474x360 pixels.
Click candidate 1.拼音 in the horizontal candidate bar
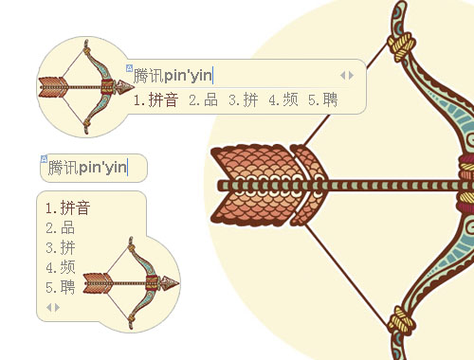(155, 99)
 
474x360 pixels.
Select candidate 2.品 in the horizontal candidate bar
(203, 99)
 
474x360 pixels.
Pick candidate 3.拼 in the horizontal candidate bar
(243, 99)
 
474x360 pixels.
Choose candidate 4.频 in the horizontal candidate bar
(283, 99)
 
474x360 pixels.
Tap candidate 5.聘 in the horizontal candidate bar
(323, 99)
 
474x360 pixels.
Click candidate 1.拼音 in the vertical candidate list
(68, 207)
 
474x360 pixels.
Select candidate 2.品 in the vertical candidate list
(60, 227)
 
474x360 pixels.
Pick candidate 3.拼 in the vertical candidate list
(60, 247)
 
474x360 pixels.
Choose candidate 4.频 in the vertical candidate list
(60, 267)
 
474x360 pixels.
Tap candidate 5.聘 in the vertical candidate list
(60, 287)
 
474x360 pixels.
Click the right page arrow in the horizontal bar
(351, 76)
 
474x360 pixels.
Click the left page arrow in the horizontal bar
(343, 76)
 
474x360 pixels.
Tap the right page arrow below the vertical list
(57, 307)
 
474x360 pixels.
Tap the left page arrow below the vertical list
(48, 307)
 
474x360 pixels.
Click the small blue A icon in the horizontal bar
(129, 68)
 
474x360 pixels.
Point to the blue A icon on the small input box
(44, 159)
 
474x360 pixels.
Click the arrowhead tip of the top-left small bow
(134, 86)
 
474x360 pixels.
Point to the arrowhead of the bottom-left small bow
(178, 282)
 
